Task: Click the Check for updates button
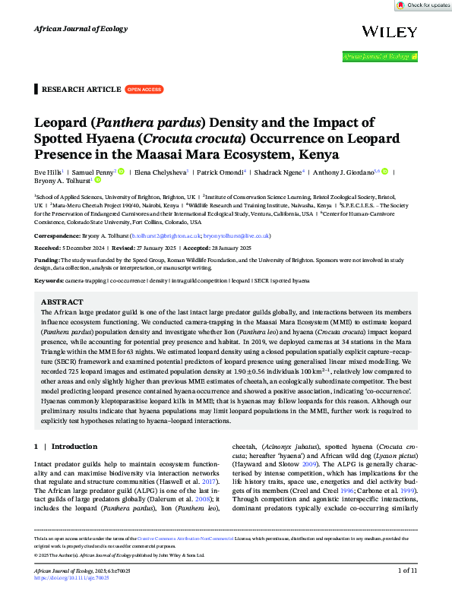point(423,5)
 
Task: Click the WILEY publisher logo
point(390,31)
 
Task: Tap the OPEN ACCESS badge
point(144,89)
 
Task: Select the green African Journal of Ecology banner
point(379,56)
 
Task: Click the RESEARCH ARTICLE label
point(81,89)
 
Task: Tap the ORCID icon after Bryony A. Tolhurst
point(97,181)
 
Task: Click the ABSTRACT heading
point(62,302)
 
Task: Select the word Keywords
point(49,281)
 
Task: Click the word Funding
point(48,260)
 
